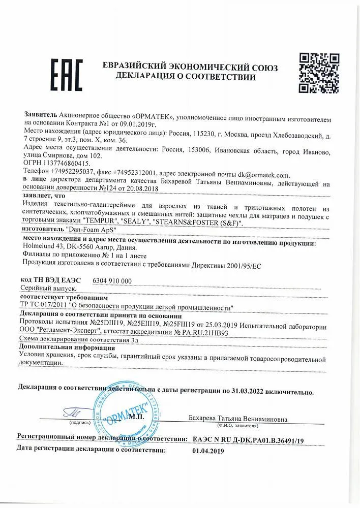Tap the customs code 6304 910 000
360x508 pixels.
click(113, 281)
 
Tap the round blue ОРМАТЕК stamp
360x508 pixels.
click(122, 409)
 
